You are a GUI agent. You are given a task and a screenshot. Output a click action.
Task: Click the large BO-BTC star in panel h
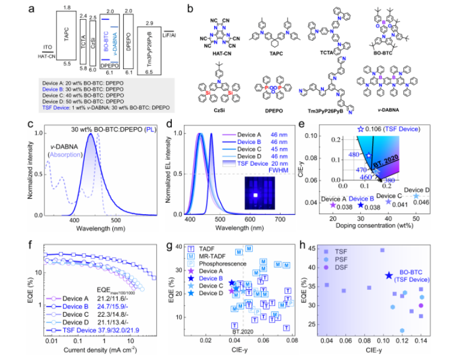pos(389,275)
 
